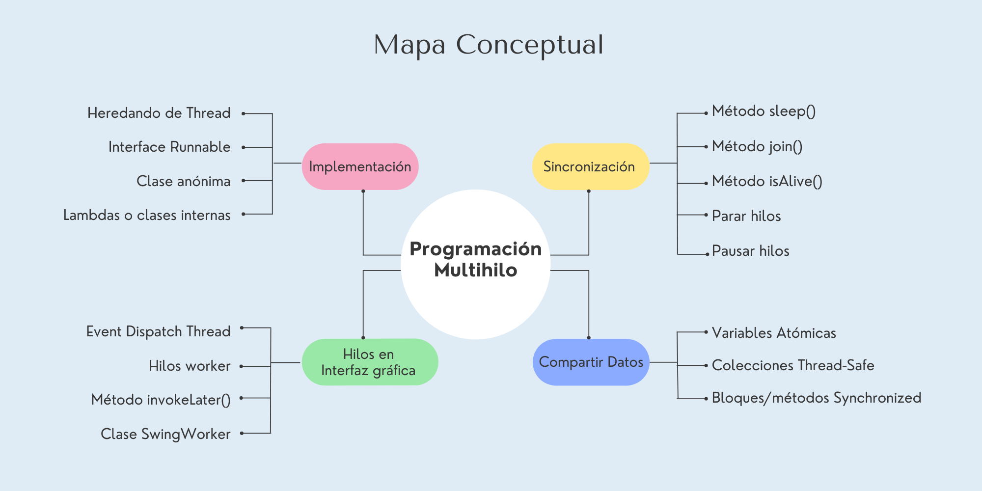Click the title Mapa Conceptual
pyautogui.click(x=489, y=45)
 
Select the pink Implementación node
pyautogui.click(x=360, y=166)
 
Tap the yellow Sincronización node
pyautogui.click(x=589, y=166)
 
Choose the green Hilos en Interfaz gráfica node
pyautogui.click(x=369, y=362)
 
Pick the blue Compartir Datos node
pyautogui.click(x=591, y=362)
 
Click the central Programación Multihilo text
pyautogui.click(x=475, y=259)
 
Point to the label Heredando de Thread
pyautogui.click(x=159, y=113)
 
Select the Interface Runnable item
pyautogui.click(x=169, y=147)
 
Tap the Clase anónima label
pyautogui.click(x=183, y=181)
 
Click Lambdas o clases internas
pyautogui.click(x=147, y=215)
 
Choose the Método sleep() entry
pyautogui.click(x=764, y=111)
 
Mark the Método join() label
pyautogui.click(x=757, y=146)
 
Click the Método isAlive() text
pyautogui.click(x=767, y=182)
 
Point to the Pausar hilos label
pyautogui.click(x=750, y=251)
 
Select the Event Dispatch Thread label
pyautogui.click(x=158, y=331)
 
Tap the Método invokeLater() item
pyautogui.click(x=161, y=400)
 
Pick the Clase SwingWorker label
pyautogui.click(x=165, y=434)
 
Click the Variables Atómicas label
pyautogui.click(x=774, y=333)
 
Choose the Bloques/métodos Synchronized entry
pyautogui.click(x=816, y=398)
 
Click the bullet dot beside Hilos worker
pyautogui.click(x=242, y=366)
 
